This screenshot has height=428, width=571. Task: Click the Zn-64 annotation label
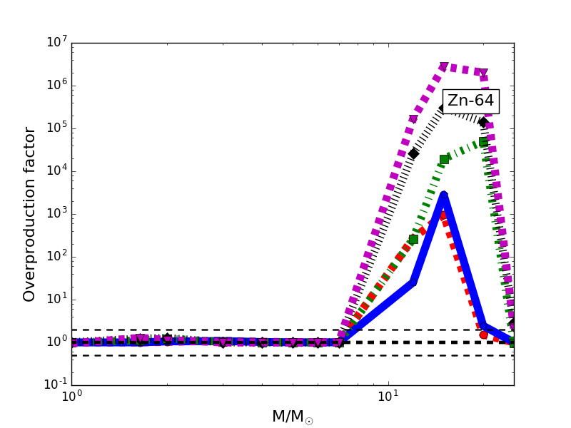pyautogui.click(x=470, y=101)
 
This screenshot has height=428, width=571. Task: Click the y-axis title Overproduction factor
pyautogui.click(x=29, y=214)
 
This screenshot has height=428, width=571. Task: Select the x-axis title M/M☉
pyautogui.click(x=292, y=417)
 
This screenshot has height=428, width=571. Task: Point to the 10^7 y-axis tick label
pyautogui.click(x=56, y=42)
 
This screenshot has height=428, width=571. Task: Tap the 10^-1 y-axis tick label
pyautogui.click(x=54, y=384)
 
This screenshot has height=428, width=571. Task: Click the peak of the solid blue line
pyautogui.click(x=444, y=194)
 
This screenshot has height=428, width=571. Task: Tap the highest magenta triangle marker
pyautogui.click(x=444, y=66)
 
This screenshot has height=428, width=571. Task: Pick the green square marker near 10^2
pyautogui.click(x=413, y=239)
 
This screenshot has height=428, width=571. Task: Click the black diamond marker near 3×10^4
pyautogui.click(x=413, y=153)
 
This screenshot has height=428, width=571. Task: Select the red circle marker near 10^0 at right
pyautogui.click(x=483, y=335)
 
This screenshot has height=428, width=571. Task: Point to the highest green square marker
pyautogui.click(x=483, y=142)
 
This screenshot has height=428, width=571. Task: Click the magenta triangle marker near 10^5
pyautogui.click(x=413, y=119)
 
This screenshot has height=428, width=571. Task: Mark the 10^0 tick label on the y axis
pyautogui.click(x=56, y=342)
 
